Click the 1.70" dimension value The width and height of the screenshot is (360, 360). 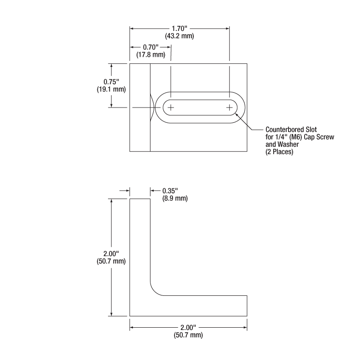point(179,29)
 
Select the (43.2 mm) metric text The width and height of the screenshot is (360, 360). point(179,36)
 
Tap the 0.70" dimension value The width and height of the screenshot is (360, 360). point(150,48)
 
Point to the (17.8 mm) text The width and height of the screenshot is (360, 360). point(150,55)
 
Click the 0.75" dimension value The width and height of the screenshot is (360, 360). point(111,82)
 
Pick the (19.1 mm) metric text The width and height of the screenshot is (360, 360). point(111,89)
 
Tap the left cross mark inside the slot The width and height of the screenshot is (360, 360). point(171,107)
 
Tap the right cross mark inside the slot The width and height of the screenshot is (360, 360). point(229,107)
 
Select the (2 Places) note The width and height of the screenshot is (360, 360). point(279,152)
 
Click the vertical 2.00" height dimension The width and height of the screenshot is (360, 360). point(111,253)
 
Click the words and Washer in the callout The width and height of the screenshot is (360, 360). point(282,145)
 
